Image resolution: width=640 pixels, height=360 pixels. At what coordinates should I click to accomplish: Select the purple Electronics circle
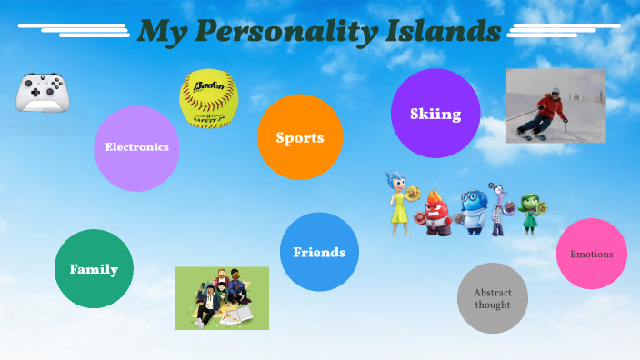pyautogui.click(x=137, y=147)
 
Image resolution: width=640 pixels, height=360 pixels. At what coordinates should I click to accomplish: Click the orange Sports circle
pyautogui.click(x=300, y=138)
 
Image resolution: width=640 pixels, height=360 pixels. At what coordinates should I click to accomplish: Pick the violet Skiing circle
pyautogui.click(x=435, y=114)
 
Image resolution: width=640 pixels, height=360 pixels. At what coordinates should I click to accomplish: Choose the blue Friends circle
pyautogui.click(x=319, y=252)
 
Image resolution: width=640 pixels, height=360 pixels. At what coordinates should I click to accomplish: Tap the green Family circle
pyautogui.click(x=95, y=269)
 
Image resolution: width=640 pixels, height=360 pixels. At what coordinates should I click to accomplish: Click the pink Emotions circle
pyautogui.click(x=592, y=255)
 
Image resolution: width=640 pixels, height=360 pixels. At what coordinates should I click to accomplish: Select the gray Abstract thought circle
pyautogui.click(x=493, y=298)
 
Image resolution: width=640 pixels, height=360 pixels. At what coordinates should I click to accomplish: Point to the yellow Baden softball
pyautogui.click(x=208, y=98)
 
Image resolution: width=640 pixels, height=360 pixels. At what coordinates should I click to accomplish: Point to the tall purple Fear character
pyautogui.click(x=498, y=209)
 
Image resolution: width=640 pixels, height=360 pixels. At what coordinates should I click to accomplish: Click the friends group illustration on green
pyautogui.click(x=222, y=297)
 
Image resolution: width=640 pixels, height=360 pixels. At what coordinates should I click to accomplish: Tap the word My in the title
pyautogui.click(x=163, y=32)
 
